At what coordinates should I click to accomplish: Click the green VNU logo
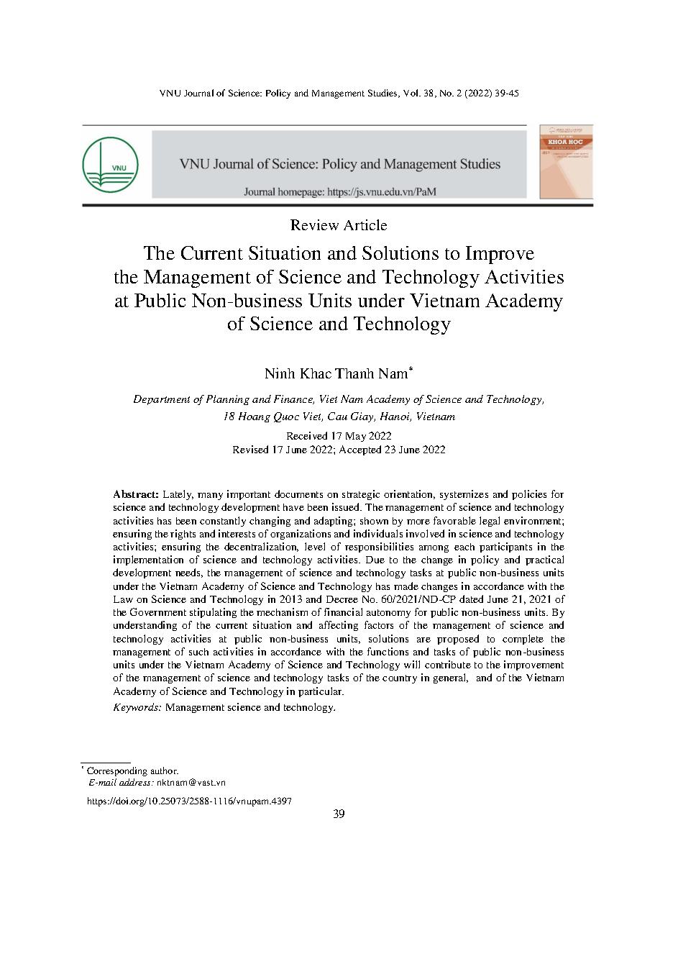110,164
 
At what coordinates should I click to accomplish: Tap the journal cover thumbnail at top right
566,161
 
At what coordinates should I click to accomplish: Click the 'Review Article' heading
339,225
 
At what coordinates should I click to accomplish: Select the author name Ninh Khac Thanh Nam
336,374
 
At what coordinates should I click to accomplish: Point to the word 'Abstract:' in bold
136,494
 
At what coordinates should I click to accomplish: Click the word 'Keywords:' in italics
137,707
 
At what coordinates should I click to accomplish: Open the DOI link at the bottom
189,800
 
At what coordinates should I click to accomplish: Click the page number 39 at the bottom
339,814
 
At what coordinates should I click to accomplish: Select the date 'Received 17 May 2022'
339,436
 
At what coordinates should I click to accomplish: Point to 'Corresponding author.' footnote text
132,771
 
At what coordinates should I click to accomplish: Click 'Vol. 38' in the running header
418,94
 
